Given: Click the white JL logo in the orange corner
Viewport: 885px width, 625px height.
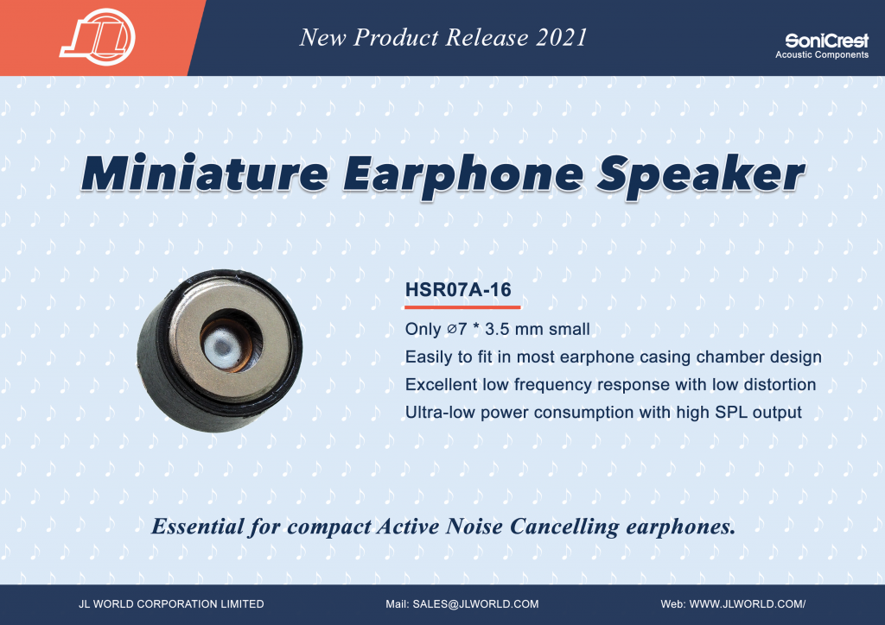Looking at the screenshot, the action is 98,37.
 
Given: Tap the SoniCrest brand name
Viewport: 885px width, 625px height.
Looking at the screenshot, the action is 826,41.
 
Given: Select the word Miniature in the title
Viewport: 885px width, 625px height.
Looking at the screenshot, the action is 205,173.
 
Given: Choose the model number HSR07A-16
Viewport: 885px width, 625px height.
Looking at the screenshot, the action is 458,290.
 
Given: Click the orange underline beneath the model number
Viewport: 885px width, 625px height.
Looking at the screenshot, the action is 462,307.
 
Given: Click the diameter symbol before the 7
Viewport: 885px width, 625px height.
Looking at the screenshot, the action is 452,329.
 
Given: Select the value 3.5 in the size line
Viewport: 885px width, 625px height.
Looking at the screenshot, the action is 497,329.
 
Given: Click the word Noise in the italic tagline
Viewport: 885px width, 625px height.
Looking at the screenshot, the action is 474,527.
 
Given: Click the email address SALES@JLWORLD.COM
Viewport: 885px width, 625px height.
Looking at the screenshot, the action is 475,604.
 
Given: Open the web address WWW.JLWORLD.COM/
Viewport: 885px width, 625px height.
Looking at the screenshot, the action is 748,604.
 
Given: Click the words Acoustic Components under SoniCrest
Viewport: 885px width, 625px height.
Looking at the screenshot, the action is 822,54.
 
